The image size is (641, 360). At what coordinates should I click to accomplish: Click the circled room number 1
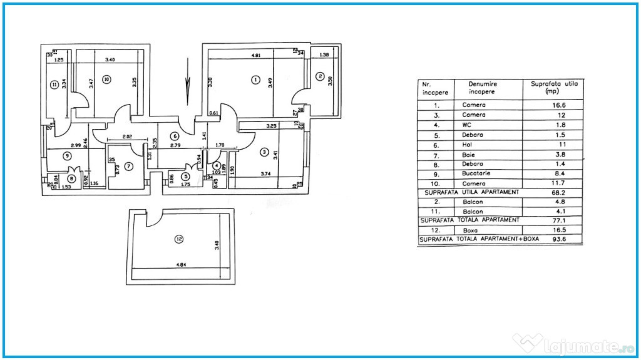point(255,80)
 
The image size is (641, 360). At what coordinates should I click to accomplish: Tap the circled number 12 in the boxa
point(180,239)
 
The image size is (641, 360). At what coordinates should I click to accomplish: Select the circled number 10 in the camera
point(106,79)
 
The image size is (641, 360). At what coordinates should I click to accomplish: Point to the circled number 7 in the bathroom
point(129,166)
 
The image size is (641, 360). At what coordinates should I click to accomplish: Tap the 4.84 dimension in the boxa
point(182,264)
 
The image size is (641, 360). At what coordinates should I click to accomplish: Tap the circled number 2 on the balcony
point(320,77)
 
